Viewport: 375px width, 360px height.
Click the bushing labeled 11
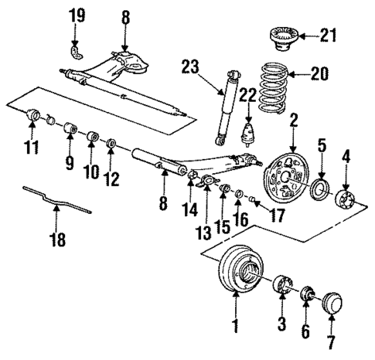click(34, 117)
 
